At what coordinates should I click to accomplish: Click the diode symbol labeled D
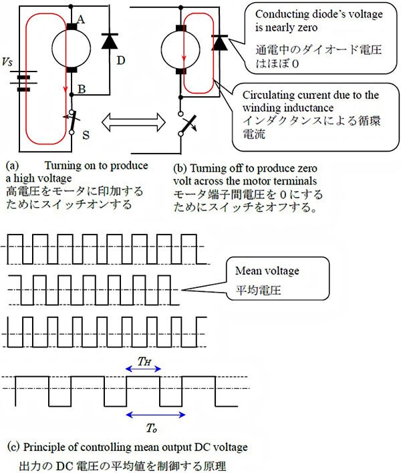[x=110, y=41]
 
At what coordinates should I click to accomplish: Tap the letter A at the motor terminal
[x=81, y=19]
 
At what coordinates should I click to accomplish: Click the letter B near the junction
[x=82, y=90]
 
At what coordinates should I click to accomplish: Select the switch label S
[x=86, y=134]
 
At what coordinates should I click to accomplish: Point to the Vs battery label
[x=7, y=61]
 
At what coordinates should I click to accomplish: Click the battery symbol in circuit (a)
[x=23, y=81]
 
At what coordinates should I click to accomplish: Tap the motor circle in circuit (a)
[x=72, y=48]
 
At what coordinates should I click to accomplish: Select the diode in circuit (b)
[x=220, y=43]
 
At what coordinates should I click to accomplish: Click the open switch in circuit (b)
[x=188, y=124]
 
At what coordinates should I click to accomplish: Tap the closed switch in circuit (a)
[x=72, y=122]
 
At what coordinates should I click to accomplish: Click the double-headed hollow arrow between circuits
[x=134, y=122]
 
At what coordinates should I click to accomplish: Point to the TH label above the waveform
[x=144, y=361]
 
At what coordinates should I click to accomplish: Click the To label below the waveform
[x=152, y=428]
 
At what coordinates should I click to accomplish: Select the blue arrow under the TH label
[x=143, y=369]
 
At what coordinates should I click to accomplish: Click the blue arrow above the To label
[x=156, y=415]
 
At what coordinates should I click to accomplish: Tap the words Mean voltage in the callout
[x=267, y=271]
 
